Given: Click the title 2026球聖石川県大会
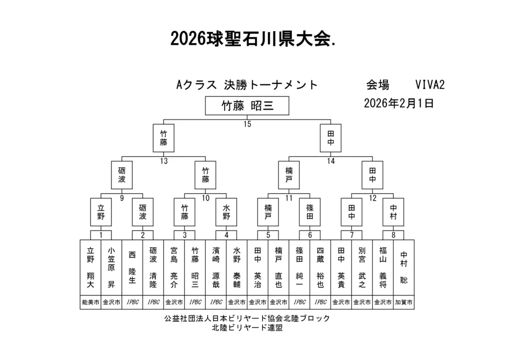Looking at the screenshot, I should (253, 38).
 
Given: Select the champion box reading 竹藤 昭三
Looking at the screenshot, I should (247, 106).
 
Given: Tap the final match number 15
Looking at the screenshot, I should (247, 124).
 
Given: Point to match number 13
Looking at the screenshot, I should (164, 161).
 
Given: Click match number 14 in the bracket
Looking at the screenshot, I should (331, 161).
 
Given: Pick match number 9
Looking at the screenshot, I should (122, 198).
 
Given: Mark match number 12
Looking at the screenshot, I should (373, 198).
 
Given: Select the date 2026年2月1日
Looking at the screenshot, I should (398, 104).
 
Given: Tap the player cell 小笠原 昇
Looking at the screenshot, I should (111, 268).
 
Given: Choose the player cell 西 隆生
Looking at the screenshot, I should (132, 268).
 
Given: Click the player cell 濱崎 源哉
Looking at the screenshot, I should (216, 268).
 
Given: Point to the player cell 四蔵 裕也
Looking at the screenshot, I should (320, 268).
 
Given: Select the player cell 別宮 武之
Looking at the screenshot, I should (362, 268).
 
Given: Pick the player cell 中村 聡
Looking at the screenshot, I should (404, 268).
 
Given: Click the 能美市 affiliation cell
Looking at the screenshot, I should (90, 302).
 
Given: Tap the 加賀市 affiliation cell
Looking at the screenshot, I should (404, 302).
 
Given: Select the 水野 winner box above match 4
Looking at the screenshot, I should (227, 212).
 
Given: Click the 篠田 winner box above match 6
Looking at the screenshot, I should (310, 212).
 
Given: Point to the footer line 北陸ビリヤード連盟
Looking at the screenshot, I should (247, 328).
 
